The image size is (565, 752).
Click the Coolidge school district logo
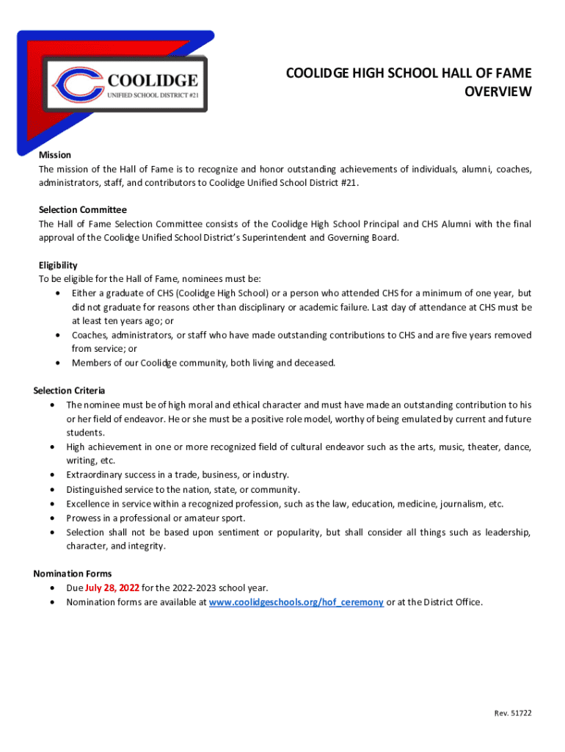(x=124, y=86)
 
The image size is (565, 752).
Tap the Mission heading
(x=55, y=155)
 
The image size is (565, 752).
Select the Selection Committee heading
(x=82, y=210)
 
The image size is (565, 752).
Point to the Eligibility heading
(x=58, y=265)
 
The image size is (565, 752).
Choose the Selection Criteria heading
(x=69, y=391)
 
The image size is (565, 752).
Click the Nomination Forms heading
(x=73, y=574)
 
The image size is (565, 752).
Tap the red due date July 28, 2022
(x=112, y=587)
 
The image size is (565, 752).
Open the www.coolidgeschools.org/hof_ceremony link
(x=296, y=602)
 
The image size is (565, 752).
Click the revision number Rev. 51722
(x=512, y=713)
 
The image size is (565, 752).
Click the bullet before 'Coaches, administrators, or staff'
(x=58, y=336)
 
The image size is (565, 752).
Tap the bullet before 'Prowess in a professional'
(x=53, y=518)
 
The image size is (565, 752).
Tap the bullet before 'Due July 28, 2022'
(x=53, y=588)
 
